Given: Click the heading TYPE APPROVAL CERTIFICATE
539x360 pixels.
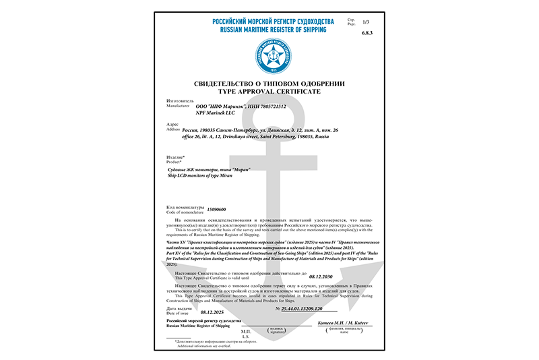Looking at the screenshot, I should [x=269, y=91].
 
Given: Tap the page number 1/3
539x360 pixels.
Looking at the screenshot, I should [x=367, y=22].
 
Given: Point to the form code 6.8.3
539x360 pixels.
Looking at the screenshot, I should [x=367, y=33].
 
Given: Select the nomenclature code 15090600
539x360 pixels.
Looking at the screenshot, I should [x=216, y=210].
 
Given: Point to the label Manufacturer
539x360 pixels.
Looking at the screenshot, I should [x=179, y=106].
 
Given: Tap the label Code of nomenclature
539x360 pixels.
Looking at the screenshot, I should [x=184, y=213].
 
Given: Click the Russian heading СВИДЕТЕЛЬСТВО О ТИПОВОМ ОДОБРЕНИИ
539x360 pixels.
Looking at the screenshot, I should [x=269, y=82].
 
